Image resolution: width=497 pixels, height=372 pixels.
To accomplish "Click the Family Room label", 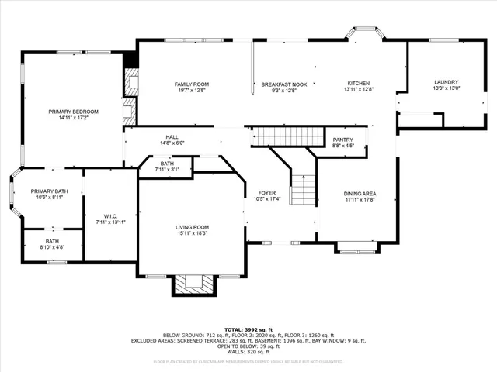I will click(191, 84).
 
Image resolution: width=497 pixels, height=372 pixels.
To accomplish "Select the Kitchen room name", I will click(358, 84).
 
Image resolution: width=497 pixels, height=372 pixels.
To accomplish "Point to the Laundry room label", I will click(446, 82).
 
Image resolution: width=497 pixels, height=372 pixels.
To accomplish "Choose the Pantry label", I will click(342, 139).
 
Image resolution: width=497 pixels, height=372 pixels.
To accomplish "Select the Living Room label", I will click(191, 227).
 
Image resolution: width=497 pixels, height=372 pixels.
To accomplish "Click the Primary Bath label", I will click(49, 191).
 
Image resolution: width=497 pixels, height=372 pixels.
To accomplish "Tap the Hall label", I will click(172, 137).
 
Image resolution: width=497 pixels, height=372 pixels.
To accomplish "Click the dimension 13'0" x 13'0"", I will click(446, 88).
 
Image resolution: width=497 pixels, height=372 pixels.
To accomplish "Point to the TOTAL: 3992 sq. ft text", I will click(248, 329).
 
